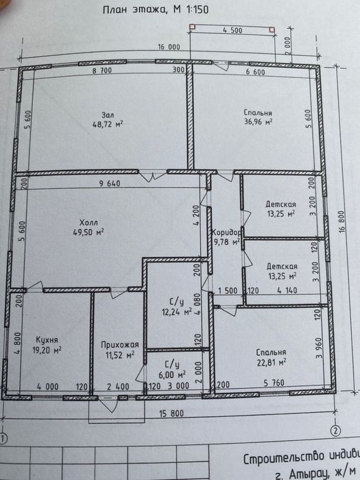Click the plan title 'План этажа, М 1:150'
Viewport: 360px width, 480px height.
[156, 10]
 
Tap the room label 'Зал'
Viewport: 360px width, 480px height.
[108, 115]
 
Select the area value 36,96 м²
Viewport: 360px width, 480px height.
[258, 121]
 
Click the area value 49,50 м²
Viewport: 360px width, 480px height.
[88, 232]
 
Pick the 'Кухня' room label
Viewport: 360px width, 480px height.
[47, 340]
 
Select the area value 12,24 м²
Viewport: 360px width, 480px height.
[177, 311]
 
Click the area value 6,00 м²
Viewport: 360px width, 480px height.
[176, 374]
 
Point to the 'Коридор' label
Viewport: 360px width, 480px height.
[226, 232]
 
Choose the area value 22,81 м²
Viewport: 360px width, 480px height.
[272, 363]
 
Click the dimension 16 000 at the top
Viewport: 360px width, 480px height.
[169, 47]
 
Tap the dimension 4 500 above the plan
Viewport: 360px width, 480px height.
[232, 30]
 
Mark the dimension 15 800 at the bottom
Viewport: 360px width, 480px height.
[171, 413]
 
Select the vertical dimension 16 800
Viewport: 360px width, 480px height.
[342, 221]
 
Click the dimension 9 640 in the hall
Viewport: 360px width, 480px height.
[110, 184]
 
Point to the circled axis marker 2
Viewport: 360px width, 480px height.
[336, 431]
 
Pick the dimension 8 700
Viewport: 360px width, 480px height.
[102, 71]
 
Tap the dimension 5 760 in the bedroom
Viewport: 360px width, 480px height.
[274, 383]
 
